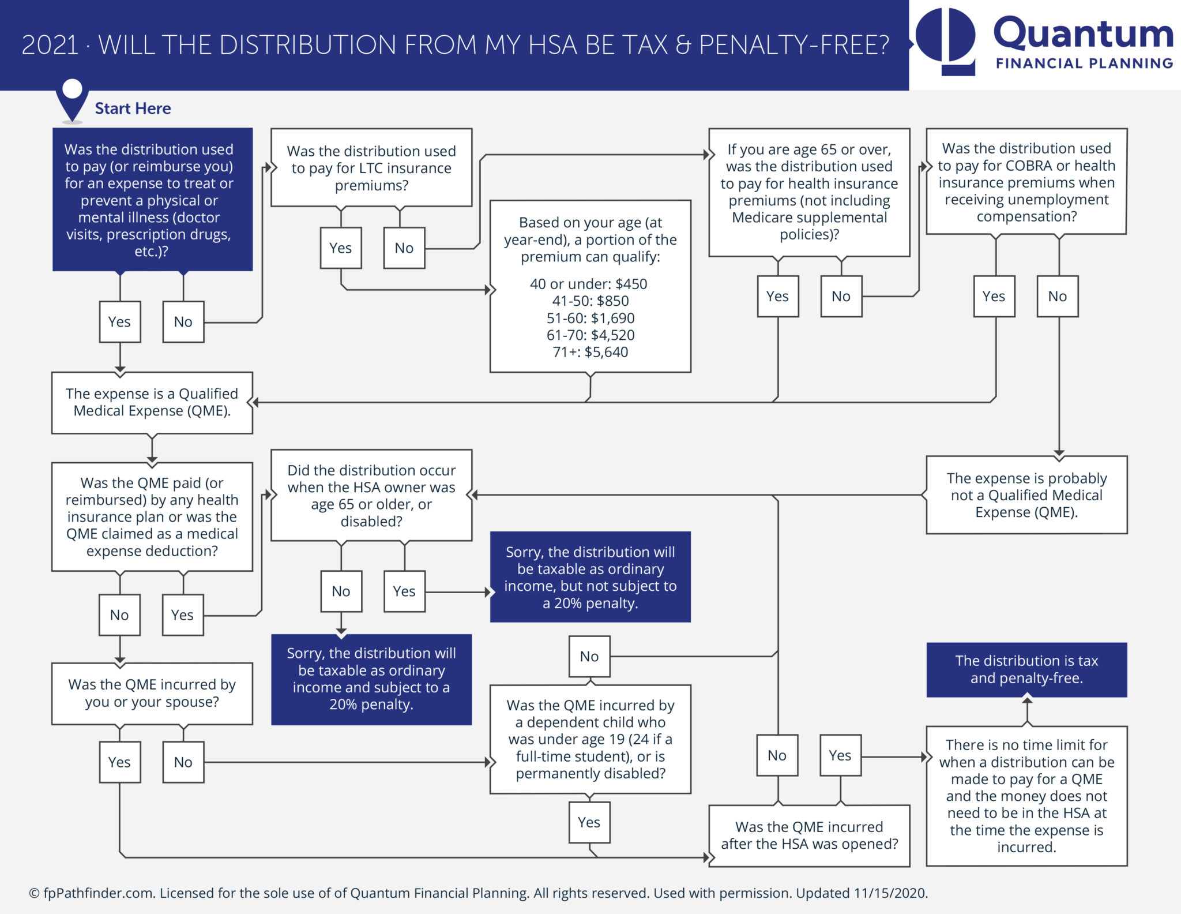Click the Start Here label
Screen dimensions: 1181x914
[133, 108]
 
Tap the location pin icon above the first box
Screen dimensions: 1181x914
[72, 98]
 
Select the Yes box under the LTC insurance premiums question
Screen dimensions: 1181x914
[341, 248]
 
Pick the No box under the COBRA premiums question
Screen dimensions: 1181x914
[1058, 297]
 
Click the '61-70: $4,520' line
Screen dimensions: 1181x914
[590, 335]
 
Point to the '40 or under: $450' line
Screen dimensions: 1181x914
[588, 284]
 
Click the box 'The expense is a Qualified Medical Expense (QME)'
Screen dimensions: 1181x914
[152, 403]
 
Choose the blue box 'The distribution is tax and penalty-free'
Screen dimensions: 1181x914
[1026, 670]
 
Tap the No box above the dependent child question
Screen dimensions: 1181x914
[589, 657]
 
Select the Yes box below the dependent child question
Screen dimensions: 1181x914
[589, 823]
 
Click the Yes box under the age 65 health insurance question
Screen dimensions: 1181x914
[778, 297]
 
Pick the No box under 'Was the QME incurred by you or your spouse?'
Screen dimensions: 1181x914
[183, 762]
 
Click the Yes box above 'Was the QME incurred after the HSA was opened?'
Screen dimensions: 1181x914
[840, 755]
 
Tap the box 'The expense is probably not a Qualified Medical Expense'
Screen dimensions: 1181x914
[1026, 495]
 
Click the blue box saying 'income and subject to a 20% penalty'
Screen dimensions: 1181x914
[371, 680]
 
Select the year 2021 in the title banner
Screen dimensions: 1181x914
[50, 45]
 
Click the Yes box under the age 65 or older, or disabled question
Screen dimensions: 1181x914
[404, 591]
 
